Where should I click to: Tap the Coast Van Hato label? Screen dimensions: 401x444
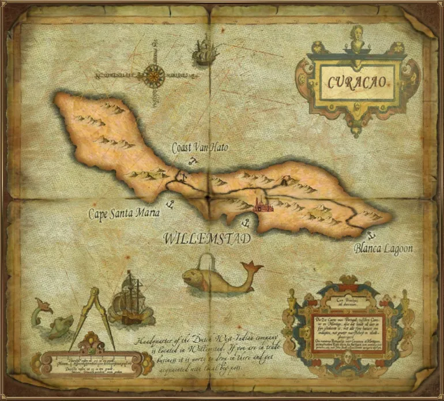(x=200, y=148)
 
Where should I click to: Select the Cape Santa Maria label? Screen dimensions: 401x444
(x=124, y=213)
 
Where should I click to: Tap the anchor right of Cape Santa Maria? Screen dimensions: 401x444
(x=170, y=204)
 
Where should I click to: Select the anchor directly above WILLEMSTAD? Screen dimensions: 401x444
(x=244, y=222)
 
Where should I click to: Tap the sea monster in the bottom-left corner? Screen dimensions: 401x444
(x=54, y=323)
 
